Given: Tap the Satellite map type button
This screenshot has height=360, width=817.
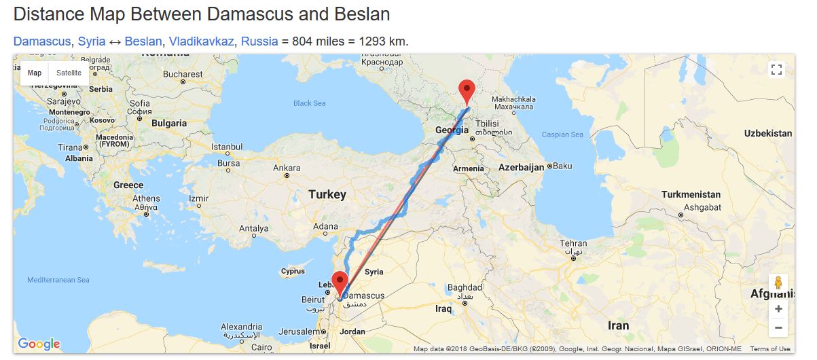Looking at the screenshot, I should tap(69, 73).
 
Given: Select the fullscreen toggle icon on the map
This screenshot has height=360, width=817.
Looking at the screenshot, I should tap(777, 70).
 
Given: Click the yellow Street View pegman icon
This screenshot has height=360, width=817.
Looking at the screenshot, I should tap(778, 283).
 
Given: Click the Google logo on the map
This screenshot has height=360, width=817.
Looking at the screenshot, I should tap(39, 344).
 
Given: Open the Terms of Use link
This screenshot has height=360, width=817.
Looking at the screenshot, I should tap(770, 349).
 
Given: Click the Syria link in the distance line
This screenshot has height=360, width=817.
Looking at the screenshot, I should tap(92, 41).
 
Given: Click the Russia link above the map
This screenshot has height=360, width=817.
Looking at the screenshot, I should tap(259, 41).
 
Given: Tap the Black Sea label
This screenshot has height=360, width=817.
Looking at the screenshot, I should tap(310, 103).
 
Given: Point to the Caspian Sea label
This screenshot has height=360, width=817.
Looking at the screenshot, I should tap(562, 134).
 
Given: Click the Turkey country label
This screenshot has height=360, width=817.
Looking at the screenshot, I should tap(327, 195).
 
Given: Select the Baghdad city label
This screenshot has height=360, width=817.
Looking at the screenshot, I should tap(465, 287).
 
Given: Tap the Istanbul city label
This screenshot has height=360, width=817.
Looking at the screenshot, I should tap(227, 146).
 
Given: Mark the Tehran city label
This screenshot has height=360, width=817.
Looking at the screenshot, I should tap(573, 244).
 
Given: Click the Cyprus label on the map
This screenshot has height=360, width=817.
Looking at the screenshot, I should tap(293, 272).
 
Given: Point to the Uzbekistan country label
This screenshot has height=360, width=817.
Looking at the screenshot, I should tap(768, 133).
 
